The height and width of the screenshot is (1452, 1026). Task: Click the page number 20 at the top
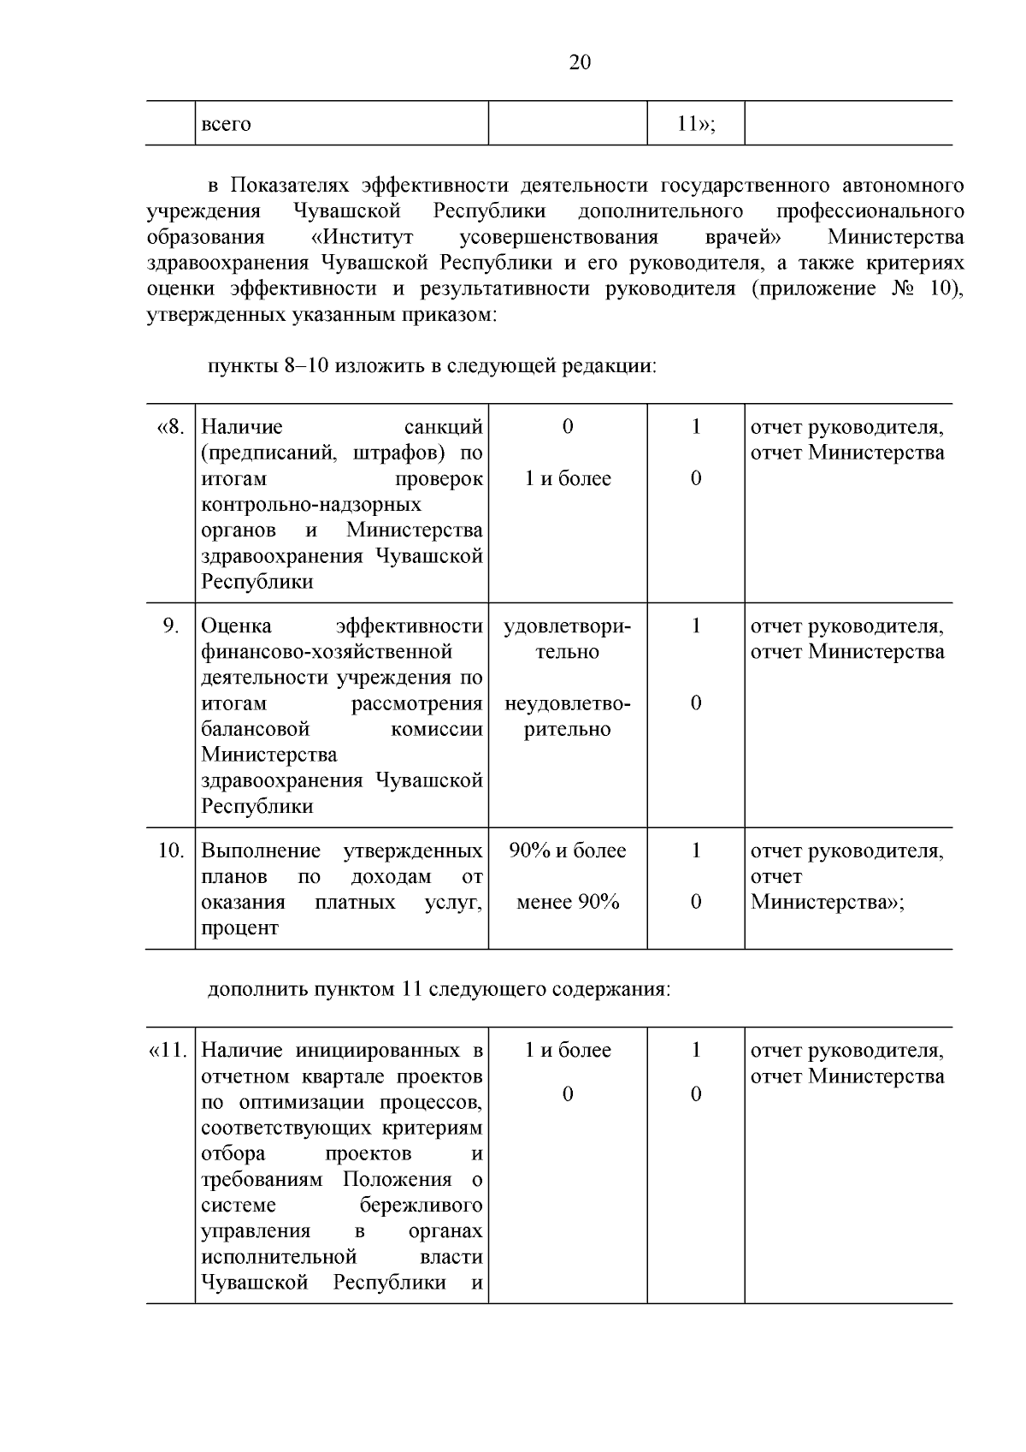579,63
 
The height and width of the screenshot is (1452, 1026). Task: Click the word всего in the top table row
226,124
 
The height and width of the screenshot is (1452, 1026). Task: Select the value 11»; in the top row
695,124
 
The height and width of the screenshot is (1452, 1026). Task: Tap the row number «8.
170,427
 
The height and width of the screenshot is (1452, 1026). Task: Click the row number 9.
170,626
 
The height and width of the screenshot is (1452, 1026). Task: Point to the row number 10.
170,851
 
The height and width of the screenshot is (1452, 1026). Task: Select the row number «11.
168,1051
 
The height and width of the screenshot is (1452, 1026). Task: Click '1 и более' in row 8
568,479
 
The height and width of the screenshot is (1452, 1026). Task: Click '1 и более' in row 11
568,1051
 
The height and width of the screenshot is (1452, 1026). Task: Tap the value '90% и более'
568,851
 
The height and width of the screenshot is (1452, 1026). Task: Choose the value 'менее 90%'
568,903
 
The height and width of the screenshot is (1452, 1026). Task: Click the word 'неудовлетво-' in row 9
568,704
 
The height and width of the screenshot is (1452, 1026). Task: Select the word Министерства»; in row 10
827,903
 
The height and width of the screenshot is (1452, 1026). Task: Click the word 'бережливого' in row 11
421,1206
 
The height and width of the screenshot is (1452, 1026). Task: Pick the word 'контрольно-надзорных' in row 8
311,505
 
